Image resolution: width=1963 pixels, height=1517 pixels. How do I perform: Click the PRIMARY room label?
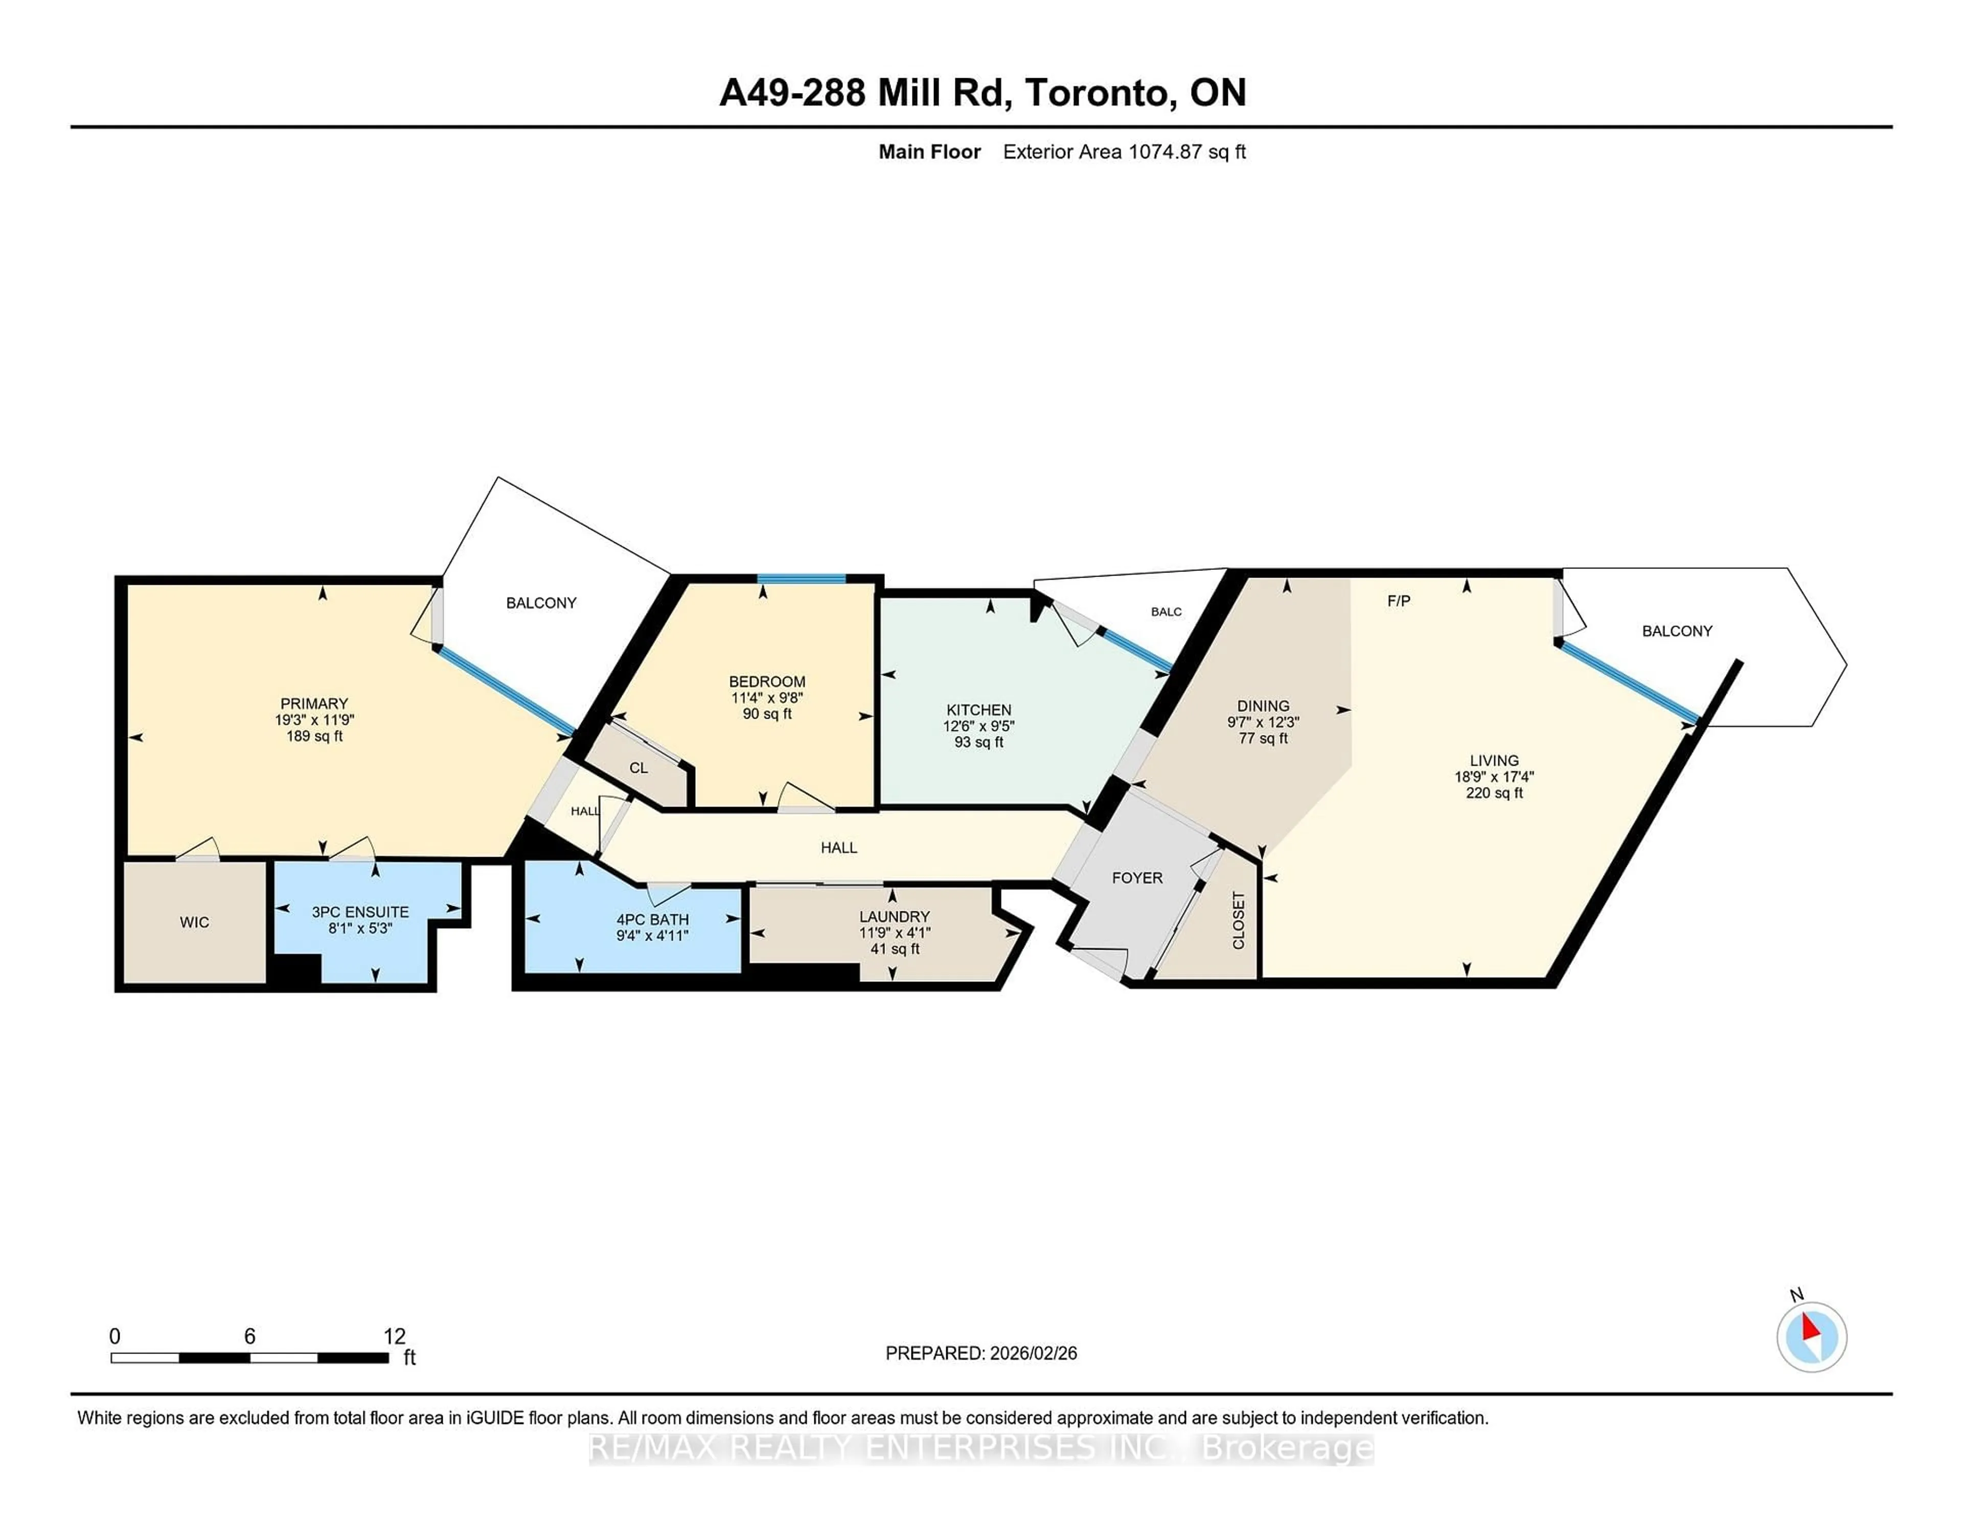(x=314, y=704)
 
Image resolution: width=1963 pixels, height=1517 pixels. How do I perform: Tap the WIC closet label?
(x=194, y=922)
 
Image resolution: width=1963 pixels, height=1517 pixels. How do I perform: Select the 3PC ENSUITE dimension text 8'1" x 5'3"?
(x=359, y=928)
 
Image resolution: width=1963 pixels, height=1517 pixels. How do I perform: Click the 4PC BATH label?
(x=652, y=920)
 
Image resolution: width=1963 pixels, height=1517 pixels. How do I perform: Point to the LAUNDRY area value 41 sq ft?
(x=894, y=949)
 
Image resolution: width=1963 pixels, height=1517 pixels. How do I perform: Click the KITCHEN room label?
(x=978, y=710)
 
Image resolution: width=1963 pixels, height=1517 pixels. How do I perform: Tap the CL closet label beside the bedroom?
(x=638, y=768)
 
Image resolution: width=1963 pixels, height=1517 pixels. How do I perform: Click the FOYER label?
(x=1137, y=878)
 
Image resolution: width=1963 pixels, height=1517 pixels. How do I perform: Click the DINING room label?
(x=1262, y=706)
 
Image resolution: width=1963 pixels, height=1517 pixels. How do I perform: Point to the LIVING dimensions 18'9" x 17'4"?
(x=1494, y=776)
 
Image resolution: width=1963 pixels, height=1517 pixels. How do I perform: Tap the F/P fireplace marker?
(x=1399, y=601)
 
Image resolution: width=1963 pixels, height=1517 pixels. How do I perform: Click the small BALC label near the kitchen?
(x=1166, y=612)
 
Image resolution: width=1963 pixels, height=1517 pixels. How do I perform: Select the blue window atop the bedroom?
(x=801, y=579)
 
